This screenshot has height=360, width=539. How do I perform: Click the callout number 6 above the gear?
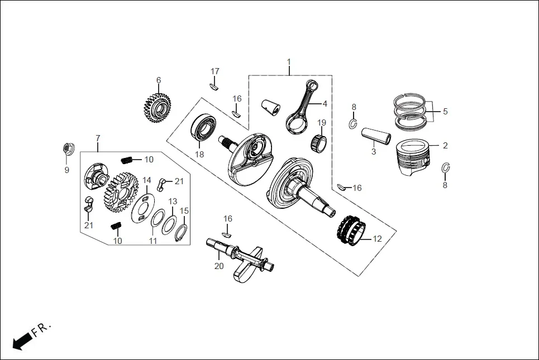point(159,80)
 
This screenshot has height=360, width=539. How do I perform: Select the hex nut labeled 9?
point(66,149)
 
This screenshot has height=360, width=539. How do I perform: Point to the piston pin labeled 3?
point(374,136)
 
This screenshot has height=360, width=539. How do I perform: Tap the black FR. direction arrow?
point(22,340)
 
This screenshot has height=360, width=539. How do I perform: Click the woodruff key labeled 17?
point(214,86)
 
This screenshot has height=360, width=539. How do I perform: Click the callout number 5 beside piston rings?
point(445,111)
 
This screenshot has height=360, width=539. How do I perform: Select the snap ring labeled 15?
point(183,231)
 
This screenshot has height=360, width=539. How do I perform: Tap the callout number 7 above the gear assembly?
point(98,138)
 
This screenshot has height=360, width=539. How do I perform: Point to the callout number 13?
point(173,201)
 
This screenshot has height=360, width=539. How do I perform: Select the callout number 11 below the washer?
point(152,241)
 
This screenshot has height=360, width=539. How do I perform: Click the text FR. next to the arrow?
point(42,329)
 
